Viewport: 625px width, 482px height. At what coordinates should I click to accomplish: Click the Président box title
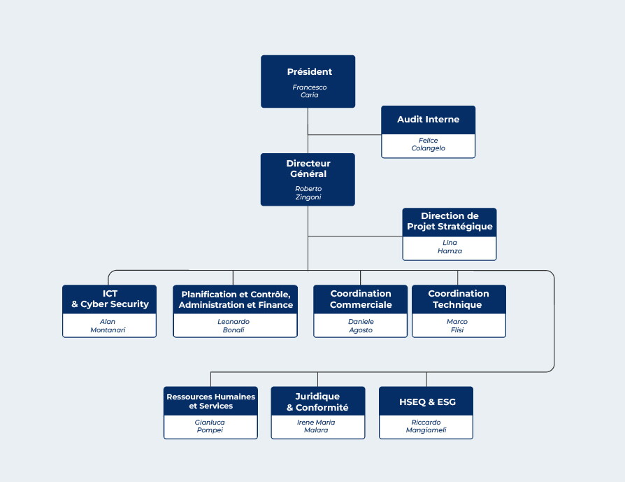coord(309,72)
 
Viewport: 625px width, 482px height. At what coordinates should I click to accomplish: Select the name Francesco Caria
coord(309,91)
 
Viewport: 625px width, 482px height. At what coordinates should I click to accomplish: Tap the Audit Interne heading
coord(428,120)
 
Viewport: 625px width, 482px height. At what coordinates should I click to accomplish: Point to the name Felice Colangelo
coord(428,144)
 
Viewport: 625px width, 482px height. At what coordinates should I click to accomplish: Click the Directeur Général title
coord(308,169)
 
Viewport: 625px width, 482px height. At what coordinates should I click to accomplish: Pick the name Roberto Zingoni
coord(308,192)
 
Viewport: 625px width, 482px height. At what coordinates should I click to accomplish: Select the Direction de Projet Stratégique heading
coord(450,221)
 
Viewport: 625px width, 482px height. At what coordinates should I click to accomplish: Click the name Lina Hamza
coord(450,246)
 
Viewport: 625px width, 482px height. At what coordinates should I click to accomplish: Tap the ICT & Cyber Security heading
coord(110,299)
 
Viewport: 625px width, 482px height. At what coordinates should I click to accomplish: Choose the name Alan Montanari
coord(108,325)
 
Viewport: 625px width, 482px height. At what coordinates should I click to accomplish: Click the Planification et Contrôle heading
coord(236,299)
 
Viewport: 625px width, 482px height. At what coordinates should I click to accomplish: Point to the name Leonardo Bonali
coord(234,325)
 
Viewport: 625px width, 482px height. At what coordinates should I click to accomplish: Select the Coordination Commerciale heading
coord(361,299)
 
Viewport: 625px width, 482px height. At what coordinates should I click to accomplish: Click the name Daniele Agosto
coord(361,325)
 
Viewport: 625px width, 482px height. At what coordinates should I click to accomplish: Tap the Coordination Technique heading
coord(458,299)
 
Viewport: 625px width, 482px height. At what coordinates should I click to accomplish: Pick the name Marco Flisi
coord(457,325)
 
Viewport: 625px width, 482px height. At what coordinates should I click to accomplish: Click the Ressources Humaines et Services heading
coord(211,401)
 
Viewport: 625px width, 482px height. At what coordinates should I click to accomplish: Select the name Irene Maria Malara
coord(316,426)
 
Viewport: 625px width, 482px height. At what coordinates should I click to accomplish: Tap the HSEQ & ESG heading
coord(427,402)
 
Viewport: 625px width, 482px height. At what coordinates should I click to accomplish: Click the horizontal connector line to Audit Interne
coord(345,135)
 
